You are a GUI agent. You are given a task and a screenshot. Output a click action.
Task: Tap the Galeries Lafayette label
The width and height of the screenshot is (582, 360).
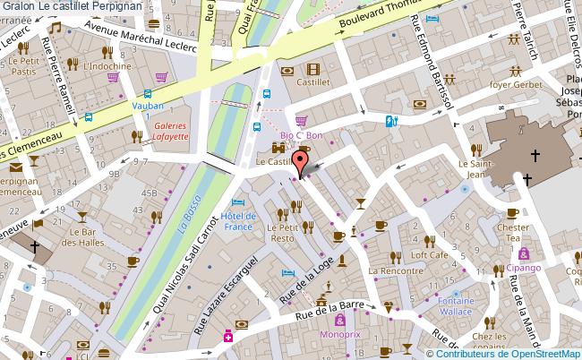click(169, 131)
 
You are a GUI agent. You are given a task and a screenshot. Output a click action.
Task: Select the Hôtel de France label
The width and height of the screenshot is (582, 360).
click(239, 221)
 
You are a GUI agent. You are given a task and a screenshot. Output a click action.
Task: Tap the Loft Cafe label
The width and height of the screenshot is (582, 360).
click(429, 255)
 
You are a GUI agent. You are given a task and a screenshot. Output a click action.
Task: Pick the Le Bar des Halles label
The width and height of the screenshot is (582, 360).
click(77, 236)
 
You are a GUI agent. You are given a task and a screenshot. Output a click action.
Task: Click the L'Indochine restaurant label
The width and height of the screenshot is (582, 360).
click(107, 66)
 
